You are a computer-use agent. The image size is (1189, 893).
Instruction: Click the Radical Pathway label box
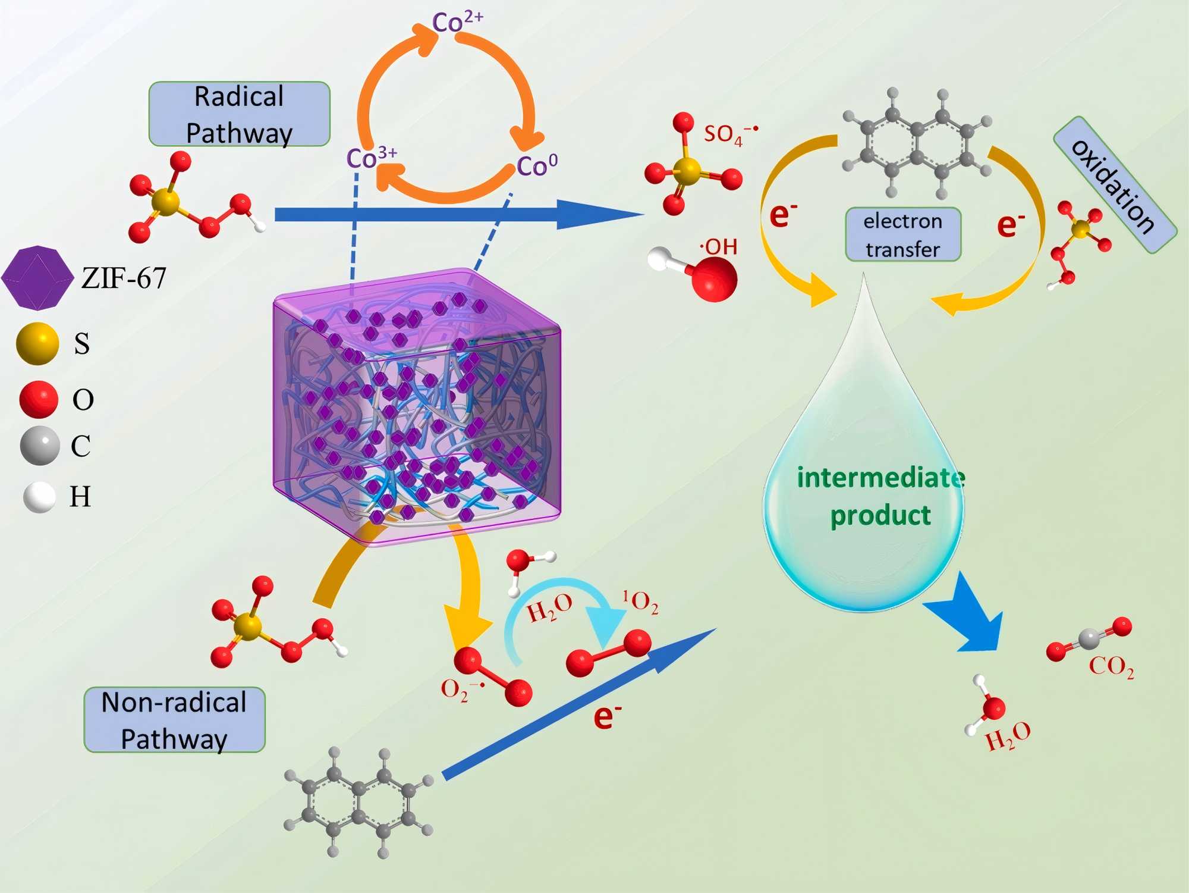pos(239,114)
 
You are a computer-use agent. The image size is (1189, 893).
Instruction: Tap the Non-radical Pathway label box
pos(174,720)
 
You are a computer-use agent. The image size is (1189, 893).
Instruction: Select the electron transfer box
pos(902,234)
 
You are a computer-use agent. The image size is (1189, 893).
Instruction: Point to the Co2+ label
pos(457,22)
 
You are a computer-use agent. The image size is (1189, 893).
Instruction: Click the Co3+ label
pos(371,158)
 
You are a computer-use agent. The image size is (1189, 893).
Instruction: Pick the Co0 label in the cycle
pos(537,165)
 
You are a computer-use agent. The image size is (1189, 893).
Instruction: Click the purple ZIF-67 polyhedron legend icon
pos(37,278)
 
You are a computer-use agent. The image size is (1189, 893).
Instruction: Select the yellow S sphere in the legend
pos(37,343)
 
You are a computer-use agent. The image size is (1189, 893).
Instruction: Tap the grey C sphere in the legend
pos(40,445)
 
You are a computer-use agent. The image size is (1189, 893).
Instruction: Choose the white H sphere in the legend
pos(39,497)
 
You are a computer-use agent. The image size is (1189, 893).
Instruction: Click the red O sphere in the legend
pos(39,399)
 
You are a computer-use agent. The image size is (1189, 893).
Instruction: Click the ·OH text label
pos(719,246)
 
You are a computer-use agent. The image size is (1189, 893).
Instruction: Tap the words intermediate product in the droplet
pos(880,496)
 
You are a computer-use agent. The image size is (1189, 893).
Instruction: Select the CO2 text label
pos(1111,666)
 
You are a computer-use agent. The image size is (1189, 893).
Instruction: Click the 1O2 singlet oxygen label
pos(640,601)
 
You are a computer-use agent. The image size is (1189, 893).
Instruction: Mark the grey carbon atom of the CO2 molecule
pos(1089,639)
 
